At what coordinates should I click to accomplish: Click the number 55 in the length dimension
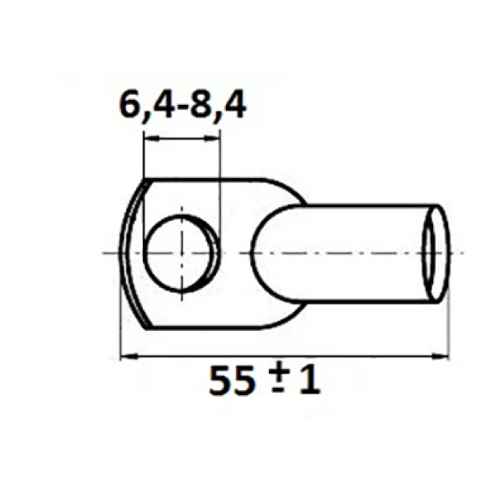coord(232,380)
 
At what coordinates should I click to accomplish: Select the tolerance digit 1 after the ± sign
coord(310,379)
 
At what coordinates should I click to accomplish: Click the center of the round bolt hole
coord(181,253)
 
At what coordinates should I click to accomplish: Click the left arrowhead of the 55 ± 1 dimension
coord(129,356)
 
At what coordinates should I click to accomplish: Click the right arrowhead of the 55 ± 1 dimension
coord(440,356)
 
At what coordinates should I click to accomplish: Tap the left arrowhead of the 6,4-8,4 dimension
coord(152,139)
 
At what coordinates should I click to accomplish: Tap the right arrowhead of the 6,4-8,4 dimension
coord(211,139)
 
